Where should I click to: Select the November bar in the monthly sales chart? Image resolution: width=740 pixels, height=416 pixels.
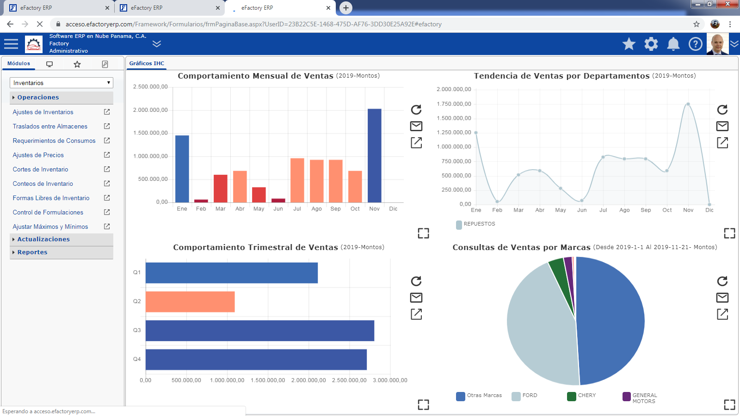tap(374, 155)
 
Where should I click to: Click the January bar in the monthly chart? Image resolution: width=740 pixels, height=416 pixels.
tap(182, 169)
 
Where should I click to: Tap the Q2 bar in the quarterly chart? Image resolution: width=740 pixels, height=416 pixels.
tap(190, 301)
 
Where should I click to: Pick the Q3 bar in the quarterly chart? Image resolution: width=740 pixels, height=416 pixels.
tap(260, 330)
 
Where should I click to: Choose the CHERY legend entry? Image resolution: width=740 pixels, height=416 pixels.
tap(581, 396)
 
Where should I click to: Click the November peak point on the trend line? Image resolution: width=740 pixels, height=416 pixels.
tap(688, 104)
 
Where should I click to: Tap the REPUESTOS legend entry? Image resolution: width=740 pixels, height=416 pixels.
tap(475, 224)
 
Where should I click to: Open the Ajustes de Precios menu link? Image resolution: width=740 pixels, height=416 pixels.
tap(38, 155)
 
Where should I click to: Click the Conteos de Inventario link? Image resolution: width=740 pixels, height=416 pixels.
tap(43, 184)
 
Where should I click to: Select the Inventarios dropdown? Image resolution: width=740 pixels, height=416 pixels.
tap(62, 83)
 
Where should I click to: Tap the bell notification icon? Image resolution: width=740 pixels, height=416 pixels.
tap(673, 44)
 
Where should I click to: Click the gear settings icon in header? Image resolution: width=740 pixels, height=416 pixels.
tap(651, 44)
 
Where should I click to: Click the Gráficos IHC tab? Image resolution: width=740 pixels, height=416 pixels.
tap(146, 63)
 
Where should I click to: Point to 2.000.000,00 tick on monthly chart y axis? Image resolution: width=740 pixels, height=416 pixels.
tap(150, 110)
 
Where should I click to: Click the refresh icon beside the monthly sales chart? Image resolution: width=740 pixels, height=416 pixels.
tap(416, 110)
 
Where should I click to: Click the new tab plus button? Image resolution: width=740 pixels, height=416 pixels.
tap(345, 8)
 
